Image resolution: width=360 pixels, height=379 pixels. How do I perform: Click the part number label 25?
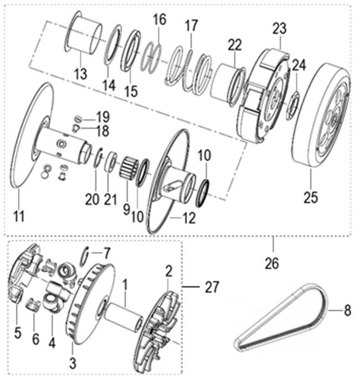(311, 197)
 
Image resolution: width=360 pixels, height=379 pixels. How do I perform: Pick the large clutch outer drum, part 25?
(320, 119)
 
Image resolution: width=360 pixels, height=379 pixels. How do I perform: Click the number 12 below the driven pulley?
(189, 219)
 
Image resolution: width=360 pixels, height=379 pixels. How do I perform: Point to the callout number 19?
(102, 117)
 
